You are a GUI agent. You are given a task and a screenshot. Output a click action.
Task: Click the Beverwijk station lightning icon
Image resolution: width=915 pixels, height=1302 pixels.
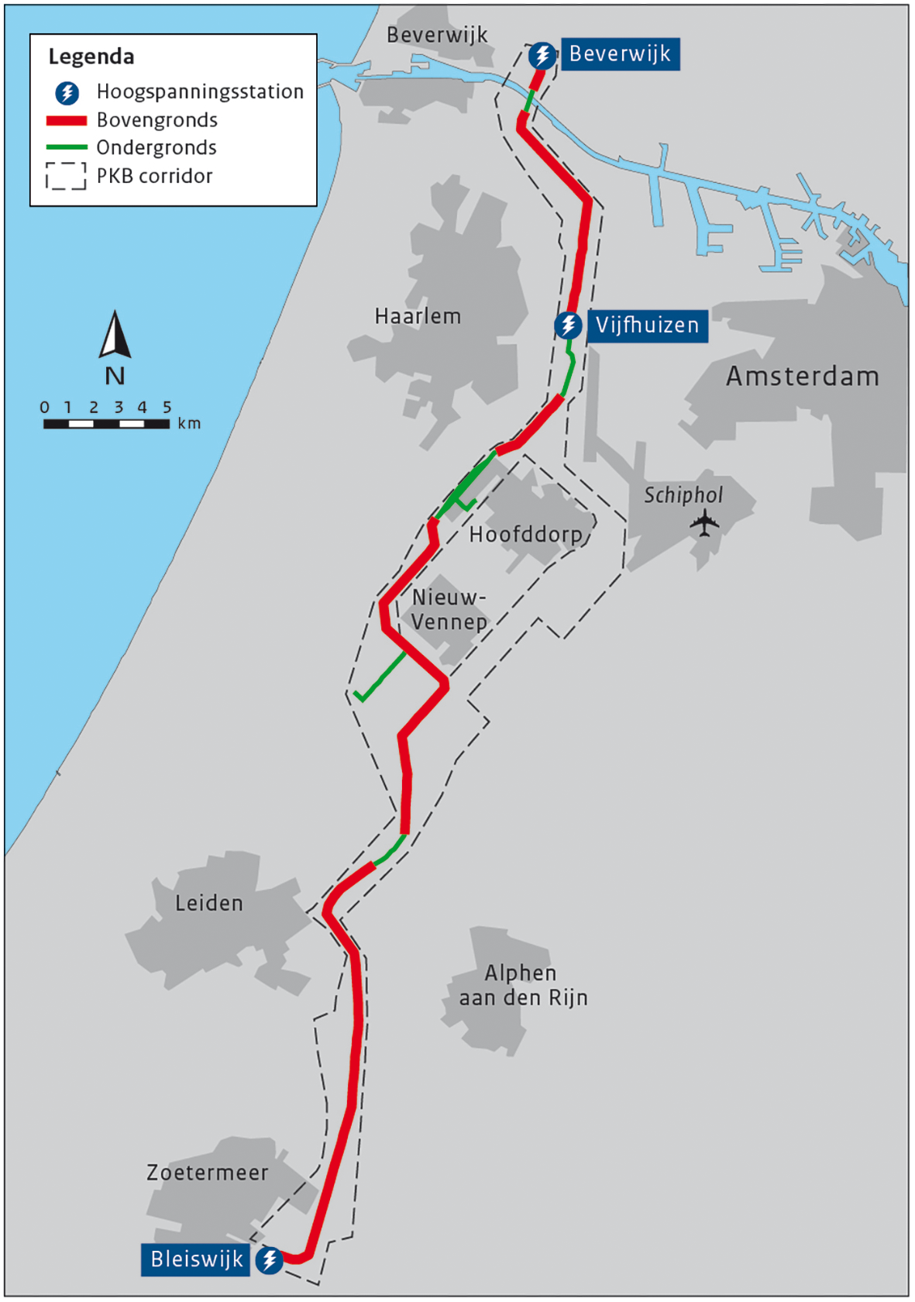542,55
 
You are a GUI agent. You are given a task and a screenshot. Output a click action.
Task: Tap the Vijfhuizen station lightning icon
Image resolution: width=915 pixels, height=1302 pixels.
568,325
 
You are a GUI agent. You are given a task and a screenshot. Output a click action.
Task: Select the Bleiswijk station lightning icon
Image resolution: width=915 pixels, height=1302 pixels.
269,1259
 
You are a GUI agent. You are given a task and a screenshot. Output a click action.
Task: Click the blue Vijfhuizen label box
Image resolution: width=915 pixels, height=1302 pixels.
647,325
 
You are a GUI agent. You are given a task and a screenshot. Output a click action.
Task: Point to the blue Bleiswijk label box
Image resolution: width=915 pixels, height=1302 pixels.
196,1259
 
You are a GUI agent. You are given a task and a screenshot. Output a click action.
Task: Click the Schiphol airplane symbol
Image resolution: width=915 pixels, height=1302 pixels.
704,523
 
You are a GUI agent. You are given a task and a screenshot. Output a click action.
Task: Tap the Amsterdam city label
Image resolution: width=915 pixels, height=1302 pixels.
802,377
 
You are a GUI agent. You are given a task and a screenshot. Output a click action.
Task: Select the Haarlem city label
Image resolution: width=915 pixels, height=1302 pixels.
418,316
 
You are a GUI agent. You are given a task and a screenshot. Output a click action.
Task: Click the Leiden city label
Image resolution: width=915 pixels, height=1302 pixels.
208,904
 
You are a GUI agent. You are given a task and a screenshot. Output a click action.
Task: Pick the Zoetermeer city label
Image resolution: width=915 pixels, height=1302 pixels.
207,1173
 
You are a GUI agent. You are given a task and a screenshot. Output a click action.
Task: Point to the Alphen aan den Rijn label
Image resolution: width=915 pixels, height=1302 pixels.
523,985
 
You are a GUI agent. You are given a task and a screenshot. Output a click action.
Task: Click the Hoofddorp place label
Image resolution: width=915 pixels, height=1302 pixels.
525,534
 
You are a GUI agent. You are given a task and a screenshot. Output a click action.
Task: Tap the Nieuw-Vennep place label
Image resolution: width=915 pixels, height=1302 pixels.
449,610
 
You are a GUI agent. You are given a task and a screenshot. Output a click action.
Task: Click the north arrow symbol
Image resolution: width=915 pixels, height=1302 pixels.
115,336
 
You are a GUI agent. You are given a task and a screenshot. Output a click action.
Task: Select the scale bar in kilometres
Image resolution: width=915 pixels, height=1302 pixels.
106,424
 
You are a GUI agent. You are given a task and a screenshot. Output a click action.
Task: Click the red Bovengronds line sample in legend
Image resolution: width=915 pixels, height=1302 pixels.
66,121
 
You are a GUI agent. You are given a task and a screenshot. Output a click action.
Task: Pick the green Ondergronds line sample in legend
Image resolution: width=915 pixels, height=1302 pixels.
66,147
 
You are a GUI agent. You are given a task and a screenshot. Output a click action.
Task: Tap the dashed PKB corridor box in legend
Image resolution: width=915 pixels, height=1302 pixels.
66,176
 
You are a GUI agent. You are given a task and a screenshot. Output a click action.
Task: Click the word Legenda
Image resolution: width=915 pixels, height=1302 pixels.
91,57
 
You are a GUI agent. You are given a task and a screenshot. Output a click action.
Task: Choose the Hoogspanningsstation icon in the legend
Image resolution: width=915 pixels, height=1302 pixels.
67,93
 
